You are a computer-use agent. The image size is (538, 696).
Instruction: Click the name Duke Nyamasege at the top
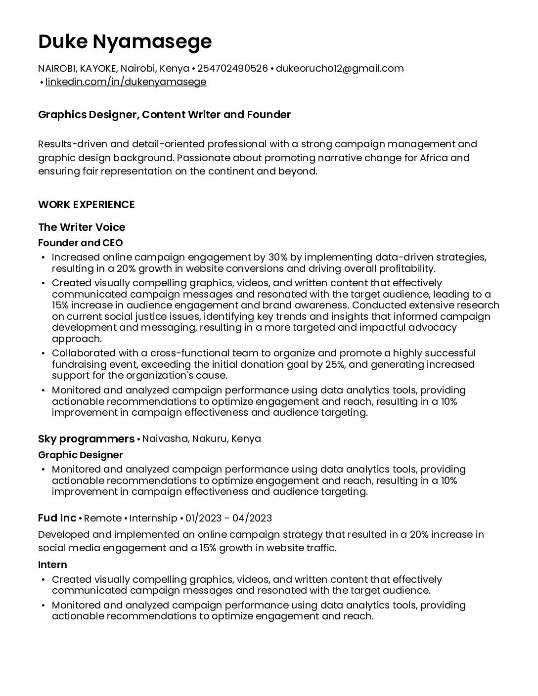(125, 42)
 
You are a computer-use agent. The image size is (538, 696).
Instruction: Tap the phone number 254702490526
(232, 68)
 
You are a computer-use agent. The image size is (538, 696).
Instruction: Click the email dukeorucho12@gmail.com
(340, 68)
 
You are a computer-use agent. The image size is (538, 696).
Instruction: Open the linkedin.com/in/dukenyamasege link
(126, 82)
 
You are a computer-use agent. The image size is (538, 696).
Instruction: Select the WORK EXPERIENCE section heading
(87, 205)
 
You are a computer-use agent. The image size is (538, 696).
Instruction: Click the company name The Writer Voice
(82, 227)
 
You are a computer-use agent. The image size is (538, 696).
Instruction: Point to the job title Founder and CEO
(80, 243)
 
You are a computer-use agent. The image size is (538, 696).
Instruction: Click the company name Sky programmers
(86, 439)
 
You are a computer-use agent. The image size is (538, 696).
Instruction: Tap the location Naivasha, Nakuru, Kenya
(202, 439)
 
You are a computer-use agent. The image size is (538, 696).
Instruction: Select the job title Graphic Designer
(80, 455)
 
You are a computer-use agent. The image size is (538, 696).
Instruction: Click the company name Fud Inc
(57, 518)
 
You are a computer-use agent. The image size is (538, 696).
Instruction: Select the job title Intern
(52, 565)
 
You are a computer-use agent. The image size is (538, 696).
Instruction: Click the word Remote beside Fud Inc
(103, 518)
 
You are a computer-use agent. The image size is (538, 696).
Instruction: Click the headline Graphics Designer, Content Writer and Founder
(164, 115)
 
